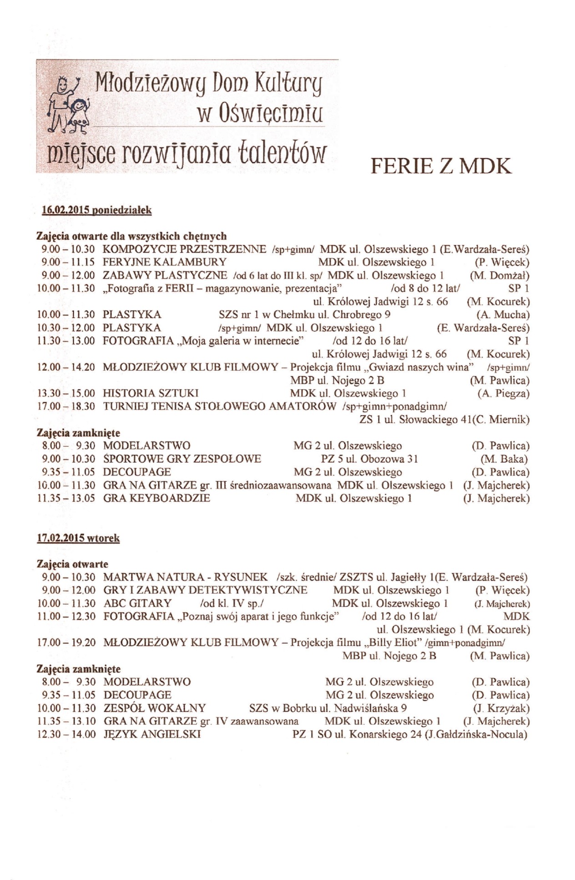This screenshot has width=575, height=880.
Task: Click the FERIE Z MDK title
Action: [440, 166]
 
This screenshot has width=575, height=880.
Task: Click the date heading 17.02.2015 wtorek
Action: [78, 538]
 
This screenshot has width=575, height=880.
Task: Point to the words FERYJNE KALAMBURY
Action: [165, 262]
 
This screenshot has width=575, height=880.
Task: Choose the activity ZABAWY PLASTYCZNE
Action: [165, 275]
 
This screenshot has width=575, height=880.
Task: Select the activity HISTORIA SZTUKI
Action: [151, 393]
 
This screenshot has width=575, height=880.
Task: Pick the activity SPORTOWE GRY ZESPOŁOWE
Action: [182, 459]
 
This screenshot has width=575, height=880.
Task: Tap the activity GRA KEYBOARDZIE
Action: [156, 498]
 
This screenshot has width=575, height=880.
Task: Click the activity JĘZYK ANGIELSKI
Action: [152, 734]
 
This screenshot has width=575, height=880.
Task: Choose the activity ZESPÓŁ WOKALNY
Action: [155, 708]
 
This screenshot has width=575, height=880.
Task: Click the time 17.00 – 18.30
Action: [66, 406]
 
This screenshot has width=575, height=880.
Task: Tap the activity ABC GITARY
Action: [137, 603]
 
